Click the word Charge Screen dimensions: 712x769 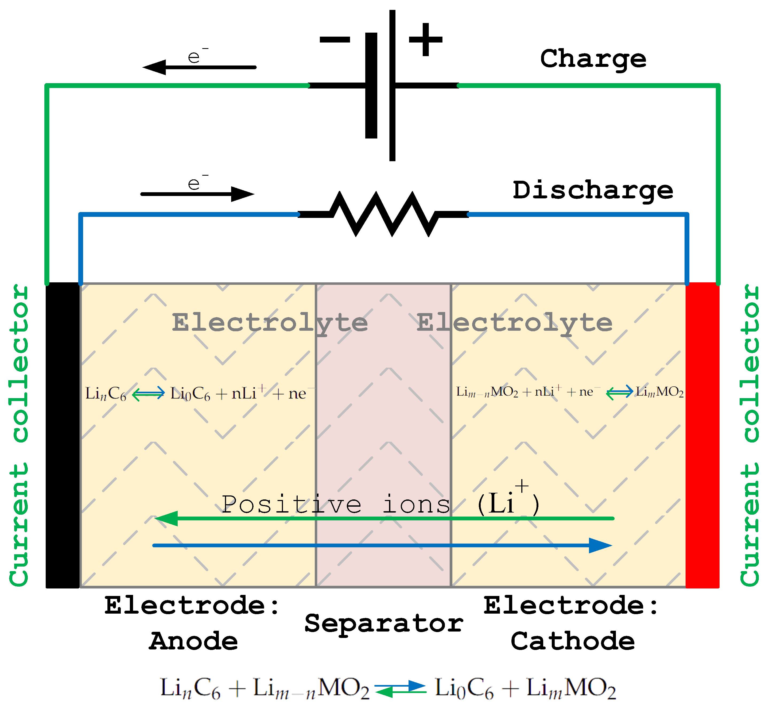(593, 59)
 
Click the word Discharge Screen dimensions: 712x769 (593, 190)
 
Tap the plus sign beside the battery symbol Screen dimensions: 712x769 (425, 39)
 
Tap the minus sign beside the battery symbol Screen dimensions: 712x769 (334, 39)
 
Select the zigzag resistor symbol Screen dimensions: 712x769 (383, 214)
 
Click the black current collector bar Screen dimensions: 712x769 (62, 435)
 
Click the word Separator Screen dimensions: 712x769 (383, 624)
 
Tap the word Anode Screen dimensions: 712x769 (193, 641)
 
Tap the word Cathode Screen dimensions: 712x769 (573, 641)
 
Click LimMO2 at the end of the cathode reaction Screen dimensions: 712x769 (659, 392)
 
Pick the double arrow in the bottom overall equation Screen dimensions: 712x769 (401, 689)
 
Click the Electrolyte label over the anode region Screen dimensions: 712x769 (270, 323)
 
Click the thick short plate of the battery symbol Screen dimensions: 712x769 (371, 86)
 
